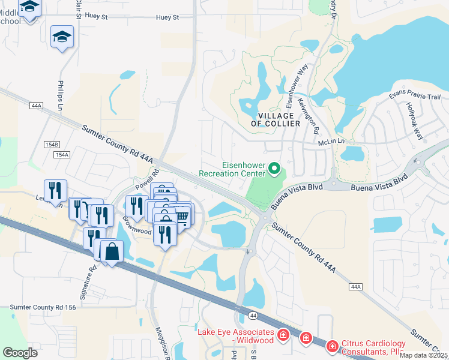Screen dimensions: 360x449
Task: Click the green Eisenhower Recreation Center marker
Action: [x=275, y=169]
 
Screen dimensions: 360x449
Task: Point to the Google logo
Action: [x=20, y=352]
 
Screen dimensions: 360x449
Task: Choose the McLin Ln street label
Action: [x=333, y=142]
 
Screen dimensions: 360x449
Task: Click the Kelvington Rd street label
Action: [x=310, y=114]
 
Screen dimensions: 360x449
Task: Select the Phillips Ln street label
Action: [x=61, y=95]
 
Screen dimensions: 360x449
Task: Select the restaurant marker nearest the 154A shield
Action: [x=55, y=190]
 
